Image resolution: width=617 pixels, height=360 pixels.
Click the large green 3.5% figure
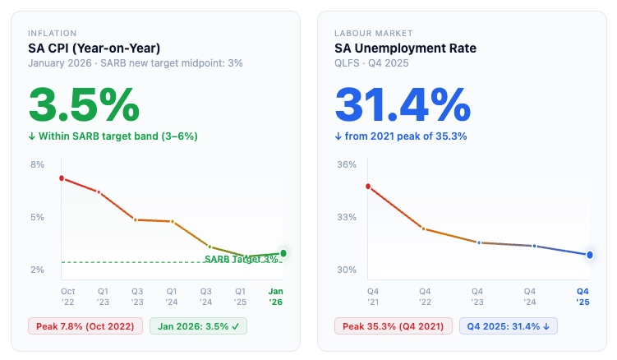pyautogui.click(x=84, y=104)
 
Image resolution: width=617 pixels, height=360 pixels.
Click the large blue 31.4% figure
pyautogui.click(x=403, y=104)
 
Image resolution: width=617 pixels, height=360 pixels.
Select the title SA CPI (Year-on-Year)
pyautogui.click(x=94, y=48)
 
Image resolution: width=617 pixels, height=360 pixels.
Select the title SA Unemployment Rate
pyautogui.click(x=405, y=48)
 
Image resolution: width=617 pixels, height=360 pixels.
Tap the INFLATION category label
pyautogui.click(x=52, y=34)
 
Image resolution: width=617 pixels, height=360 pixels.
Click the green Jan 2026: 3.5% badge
pyautogui.click(x=198, y=326)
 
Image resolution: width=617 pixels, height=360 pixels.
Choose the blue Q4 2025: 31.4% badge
pyautogui.click(x=509, y=326)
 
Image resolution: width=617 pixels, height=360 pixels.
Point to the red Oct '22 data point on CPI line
pyautogui.click(x=62, y=178)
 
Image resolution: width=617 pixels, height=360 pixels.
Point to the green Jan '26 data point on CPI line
pyautogui.click(x=283, y=253)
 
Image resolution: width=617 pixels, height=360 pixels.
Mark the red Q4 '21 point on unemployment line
pyautogui.click(x=368, y=187)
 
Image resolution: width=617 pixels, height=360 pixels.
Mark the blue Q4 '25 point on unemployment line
pyautogui.click(x=590, y=255)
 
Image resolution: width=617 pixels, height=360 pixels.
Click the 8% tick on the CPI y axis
pyautogui.click(x=38, y=164)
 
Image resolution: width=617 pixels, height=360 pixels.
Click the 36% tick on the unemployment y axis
pyautogui.click(x=347, y=164)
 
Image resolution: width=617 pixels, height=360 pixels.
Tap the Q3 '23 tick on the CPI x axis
pyautogui.click(x=137, y=296)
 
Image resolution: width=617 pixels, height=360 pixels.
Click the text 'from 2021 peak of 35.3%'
pyautogui.click(x=406, y=136)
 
